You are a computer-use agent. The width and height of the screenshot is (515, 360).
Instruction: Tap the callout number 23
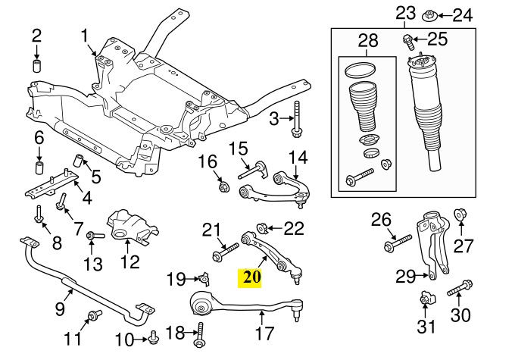pos(406,13)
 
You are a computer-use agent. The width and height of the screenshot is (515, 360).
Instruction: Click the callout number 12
pos(130,263)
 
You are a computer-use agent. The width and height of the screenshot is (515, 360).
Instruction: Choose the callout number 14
pos(298,158)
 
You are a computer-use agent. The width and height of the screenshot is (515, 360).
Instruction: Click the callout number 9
pos(61,308)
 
